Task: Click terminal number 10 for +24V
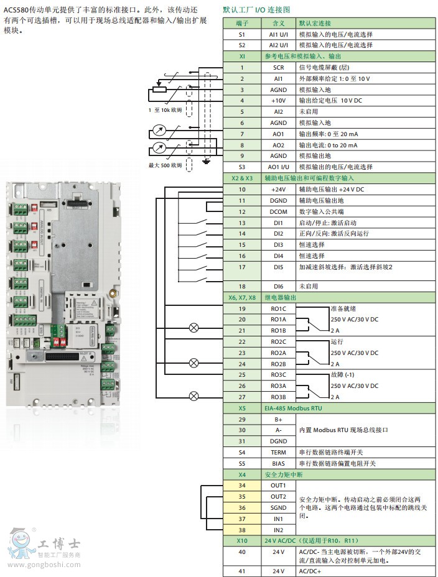pyautogui.click(x=241, y=189)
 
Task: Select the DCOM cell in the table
pyautogui.click(x=278, y=211)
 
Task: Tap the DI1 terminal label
pyautogui.click(x=278, y=223)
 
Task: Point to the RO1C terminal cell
pyautogui.click(x=278, y=309)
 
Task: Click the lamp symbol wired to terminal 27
pyautogui.click(x=194, y=395)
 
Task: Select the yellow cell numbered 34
pyautogui.click(x=241, y=485)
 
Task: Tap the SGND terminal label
pyautogui.click(x=278, y=507)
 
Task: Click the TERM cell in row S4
pyautogui.click(x=278, y=453)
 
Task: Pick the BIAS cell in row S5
pyautogui.click(x=278, y=464)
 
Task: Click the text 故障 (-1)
pyautogui.click(x=344, y=375)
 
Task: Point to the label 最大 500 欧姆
pyautogui.click(x=165, y=165)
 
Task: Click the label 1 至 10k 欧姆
pyautogui.click(x=165, y=110)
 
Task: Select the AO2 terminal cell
pyautogui.click(x=278, y=145)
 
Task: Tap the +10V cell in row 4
pyautogui.click(x=278, y=101)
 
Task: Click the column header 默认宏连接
pyautogui.click(x=315, y=22)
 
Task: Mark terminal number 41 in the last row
pyautogui.click(x=241, y=571)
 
